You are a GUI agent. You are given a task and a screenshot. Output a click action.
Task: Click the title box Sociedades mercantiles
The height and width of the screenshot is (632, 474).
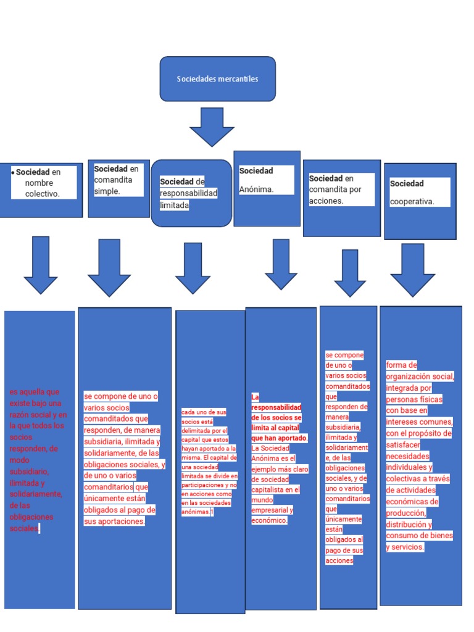(217, 79)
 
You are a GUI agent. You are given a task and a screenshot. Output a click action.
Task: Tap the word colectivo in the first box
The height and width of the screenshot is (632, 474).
(43, 194)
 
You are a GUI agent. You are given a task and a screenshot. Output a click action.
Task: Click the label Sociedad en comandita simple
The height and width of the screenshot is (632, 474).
(117, 180)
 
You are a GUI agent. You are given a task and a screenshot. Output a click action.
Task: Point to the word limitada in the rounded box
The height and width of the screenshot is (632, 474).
(174, 205)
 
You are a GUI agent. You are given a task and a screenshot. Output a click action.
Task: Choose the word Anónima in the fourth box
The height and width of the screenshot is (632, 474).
(256, 189)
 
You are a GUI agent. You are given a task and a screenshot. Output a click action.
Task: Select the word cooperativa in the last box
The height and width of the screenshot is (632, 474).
(412, 201)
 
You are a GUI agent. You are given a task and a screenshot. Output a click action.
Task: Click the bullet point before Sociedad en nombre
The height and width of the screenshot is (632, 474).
(13, 172)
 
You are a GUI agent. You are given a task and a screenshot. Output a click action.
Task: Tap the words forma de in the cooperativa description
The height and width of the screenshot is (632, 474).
(401, 365)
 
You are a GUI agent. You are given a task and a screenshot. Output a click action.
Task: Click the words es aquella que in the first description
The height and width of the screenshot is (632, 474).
(35, 392)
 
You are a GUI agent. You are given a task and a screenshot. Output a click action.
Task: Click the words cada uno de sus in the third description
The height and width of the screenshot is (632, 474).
(204, 412)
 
